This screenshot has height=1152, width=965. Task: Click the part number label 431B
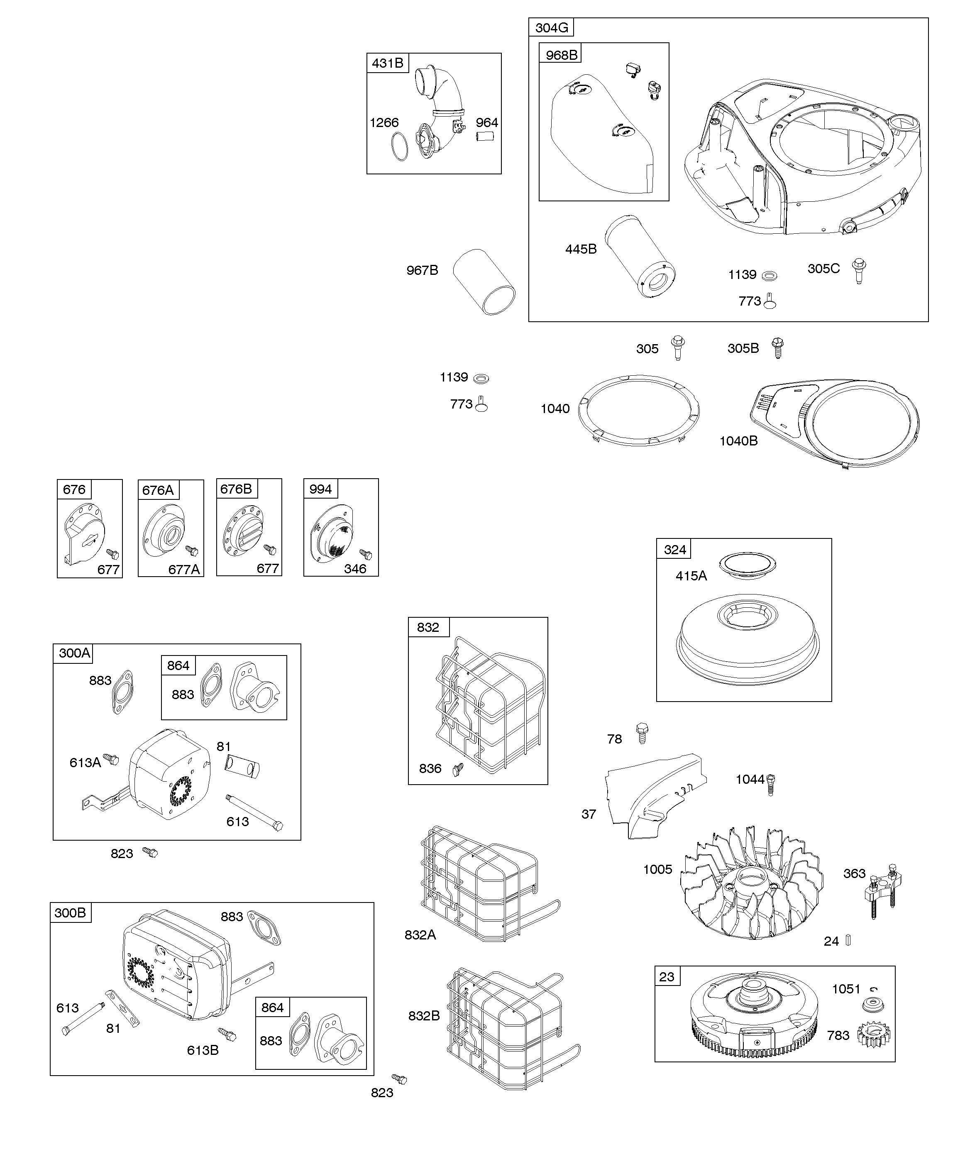coord(387,63)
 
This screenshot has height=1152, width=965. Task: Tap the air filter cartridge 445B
coord(640,256)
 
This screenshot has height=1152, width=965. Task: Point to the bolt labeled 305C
coord(859,271)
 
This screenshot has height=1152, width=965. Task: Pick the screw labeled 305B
coord(777,348)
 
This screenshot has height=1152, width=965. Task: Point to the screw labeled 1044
coord(771,785)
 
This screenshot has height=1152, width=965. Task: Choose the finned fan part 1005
coord(751,889)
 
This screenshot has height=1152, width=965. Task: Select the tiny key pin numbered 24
coord(848,941)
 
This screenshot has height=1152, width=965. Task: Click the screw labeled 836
coord(457,770)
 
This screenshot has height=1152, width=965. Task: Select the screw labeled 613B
coord(227,1034)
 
